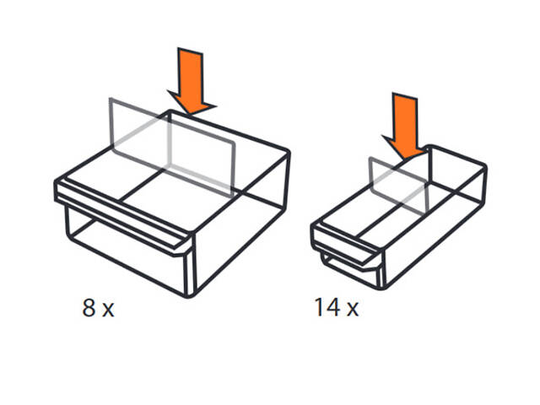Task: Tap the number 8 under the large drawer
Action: click(x=89, y=307)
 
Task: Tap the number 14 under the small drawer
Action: click(x=327, y=307)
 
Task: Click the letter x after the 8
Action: click(x=108, y=310)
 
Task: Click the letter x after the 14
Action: click(x=353, y=310)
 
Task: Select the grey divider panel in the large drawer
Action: click(x=172, y=148)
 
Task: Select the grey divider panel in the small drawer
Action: click(x=398, y=185)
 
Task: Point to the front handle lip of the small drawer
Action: click(x=345, y=243)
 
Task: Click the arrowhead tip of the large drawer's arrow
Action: click(x=190, y=115)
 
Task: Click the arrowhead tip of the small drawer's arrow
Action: click(x=405, y=159)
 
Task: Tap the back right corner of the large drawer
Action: click(x=288, y=152)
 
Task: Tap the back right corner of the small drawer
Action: click(x=485, y=167)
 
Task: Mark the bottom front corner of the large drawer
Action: click(x=189, y=296)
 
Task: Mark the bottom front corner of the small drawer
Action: click(x=383, y=288)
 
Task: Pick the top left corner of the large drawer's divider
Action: click(x=110, y=99)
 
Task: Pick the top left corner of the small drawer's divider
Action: click(x=370, y=158)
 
